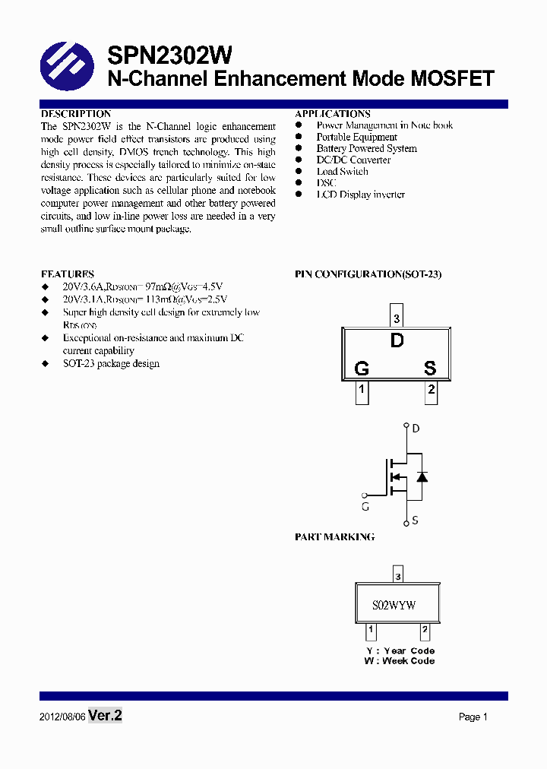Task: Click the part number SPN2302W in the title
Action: [170, 55]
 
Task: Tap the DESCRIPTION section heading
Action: [76, 114]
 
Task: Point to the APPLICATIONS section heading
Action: [333, 114]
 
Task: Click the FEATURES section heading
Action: [68, 274]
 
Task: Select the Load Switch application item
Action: [343, 172]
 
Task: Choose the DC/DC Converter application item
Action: [353, 160]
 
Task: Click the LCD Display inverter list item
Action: [360, 195]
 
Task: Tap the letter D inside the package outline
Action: [397, 341]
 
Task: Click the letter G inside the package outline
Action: [362, 369]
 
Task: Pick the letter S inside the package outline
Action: [430, 369]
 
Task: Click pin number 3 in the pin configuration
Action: [397, 318]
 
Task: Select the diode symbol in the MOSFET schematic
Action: [422, 477]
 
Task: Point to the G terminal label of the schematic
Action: [365, 506]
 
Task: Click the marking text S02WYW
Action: [394, 606]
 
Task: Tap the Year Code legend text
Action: [400, 651]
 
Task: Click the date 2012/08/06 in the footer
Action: [62, 717]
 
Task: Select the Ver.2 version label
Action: [106, 716]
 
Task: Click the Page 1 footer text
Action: [473, 717]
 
